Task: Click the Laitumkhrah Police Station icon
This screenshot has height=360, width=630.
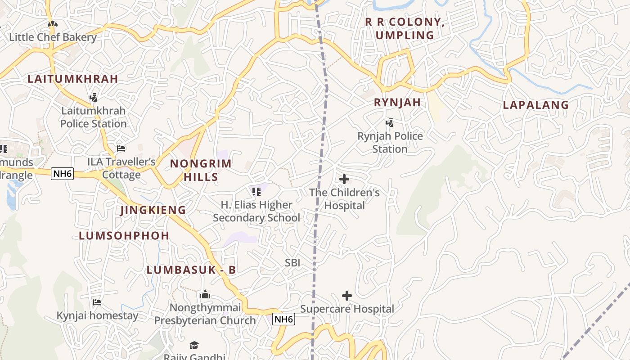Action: tap(94, 97)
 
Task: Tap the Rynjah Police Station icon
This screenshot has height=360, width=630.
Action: tap(390, 122)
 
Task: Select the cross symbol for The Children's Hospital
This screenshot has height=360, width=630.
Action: tap(344, 179)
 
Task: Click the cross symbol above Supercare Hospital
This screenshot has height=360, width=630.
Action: tap(346, 296)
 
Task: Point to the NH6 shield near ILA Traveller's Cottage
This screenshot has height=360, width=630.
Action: tap(62, 174)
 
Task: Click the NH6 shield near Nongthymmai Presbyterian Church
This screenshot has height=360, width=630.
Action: tap(284, 319)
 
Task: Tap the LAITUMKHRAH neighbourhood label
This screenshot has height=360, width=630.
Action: tap(73, 79)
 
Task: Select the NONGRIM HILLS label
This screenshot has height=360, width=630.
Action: tap(201, 170)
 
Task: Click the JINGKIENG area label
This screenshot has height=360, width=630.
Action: tap(153, 210)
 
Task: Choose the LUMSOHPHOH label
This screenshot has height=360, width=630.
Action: tap(124, 235)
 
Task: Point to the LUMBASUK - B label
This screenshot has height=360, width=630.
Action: tap(191, 270)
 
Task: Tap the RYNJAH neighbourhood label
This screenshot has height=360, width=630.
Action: tap(397, 103)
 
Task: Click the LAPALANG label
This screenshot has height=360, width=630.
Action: tap(535, 105)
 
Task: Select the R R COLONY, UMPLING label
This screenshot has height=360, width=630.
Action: tap(404, 28)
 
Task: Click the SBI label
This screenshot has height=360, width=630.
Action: tap(292, 263)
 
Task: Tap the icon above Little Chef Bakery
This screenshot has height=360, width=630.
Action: tap(53, 23)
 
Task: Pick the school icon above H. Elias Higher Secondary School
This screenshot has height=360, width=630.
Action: tap(256, 192)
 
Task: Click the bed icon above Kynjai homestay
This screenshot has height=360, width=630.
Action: tap(97, 302)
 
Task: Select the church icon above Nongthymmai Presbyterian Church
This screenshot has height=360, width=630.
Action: tap(205, 295)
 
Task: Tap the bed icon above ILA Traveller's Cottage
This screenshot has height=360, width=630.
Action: tap(121, 148)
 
